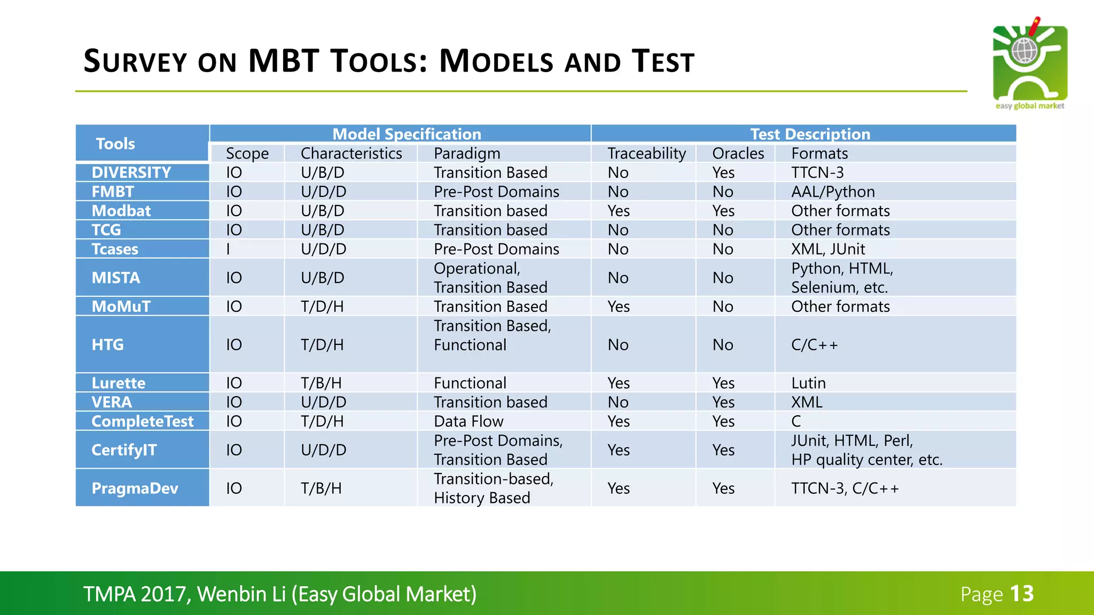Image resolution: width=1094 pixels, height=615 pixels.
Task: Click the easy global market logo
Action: [1029, 64]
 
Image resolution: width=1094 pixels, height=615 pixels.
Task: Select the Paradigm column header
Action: [467, 153]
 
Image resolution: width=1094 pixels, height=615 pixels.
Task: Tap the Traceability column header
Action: [646, 153]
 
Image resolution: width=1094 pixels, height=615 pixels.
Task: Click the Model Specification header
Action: [407, 134]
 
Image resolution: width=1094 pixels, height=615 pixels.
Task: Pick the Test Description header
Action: [810, 134]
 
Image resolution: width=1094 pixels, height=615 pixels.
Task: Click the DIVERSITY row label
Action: [131, 172]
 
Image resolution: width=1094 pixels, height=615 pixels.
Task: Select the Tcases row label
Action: [115, 249]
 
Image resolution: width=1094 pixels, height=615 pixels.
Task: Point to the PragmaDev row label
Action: [135, 488]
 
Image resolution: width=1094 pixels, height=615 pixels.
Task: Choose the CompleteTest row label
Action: [142, 421]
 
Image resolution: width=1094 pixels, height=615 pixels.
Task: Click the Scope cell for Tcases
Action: [229, 249]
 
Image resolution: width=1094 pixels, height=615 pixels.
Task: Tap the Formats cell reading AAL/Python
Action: [833, 192]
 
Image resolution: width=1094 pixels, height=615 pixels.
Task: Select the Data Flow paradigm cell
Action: [468, 421]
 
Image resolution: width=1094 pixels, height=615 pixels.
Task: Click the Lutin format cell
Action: [808, 383]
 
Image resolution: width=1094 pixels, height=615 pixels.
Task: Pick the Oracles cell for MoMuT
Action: [723, 306]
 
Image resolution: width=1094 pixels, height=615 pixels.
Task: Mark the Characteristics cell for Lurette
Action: [321, 383]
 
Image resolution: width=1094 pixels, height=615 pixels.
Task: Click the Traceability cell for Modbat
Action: [619, 211]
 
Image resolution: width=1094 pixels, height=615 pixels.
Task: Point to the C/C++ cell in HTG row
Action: [814, 345]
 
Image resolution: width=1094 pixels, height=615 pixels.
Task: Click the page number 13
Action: [1022, 594]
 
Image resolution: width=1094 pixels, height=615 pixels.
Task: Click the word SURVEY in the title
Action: [135, 61]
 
